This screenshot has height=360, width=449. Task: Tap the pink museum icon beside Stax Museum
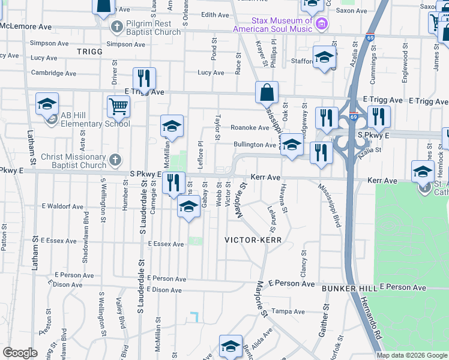pos(322,24)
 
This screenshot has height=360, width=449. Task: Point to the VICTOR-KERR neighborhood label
pos(253,239)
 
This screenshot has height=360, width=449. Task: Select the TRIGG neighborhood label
pos(90,52)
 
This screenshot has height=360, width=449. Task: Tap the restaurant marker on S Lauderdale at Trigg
pos(144,78)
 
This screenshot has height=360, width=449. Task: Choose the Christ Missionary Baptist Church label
pos(73,161)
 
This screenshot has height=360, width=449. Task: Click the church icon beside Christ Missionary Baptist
pos(116,160)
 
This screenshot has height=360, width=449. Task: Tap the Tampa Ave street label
pos(285,311)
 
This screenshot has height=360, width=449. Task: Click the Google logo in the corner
pos(20,353)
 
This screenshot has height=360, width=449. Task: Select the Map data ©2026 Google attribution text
pos(411,355)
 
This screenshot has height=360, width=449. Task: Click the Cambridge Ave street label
pos(53,73)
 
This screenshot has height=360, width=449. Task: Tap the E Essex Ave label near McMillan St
pos(166,244)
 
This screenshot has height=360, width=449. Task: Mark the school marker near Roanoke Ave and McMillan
pos(172,126)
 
